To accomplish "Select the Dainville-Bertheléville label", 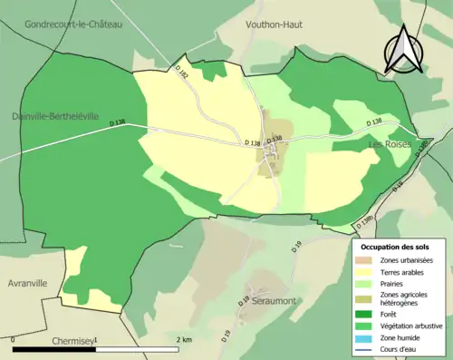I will pos(62,116).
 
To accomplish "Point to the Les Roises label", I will pos(390,145).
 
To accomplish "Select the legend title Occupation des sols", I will pos(395,247).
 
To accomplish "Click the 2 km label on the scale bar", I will pos(185,339).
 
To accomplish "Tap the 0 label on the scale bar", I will pos(14,339).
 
